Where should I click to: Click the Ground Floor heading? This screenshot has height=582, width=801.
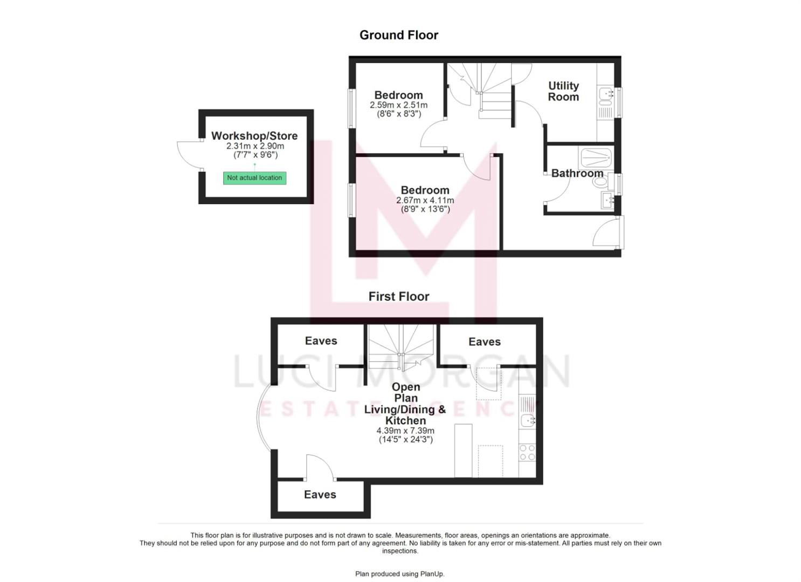pyautogui.click(x=398, y=35)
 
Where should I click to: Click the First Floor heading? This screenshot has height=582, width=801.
pyautogui.click(x=398, y=296)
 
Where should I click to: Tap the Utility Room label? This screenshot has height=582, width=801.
pyautogui.click(x=563, y=91)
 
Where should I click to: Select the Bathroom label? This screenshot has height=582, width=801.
pyautogui.click(x=577, y=173)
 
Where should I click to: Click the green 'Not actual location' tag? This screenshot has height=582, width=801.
pyautogui.click(x=254, y=178)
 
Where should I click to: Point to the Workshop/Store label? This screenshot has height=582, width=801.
pyautogui.click(x=254, y=136)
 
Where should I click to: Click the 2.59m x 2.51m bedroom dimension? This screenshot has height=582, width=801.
pyautogui.click(x=398, y=105)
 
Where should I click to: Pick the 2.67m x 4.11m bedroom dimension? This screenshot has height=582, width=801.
pyautogui.click(x=425, y=200)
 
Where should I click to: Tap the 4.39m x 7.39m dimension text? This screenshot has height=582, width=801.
pyautogui.click(x=405, y=431)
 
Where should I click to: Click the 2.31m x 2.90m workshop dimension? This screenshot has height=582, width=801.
pyautogui.click(x=254, y=146)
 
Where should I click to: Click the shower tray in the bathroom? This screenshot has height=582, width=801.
pyautogui.click(x=596, y=157)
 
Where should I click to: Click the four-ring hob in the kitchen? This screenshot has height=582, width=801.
pyautogui.click(x=527, y=452)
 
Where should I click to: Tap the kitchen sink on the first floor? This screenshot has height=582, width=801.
pyautogui.click(x=526, y=420)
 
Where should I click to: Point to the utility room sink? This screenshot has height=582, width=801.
pyautogui.click(x=605, y=96)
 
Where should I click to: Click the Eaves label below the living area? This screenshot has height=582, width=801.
pyautogui.click(x=320, y=494)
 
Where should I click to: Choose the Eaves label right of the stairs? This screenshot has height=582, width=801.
pyautogui.click(x=484, y=342)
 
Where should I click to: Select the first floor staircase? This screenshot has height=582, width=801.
pyautogui.click(x=402, y=347)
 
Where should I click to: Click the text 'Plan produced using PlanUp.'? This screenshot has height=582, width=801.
pyautogui.click(x=399, y=574)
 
